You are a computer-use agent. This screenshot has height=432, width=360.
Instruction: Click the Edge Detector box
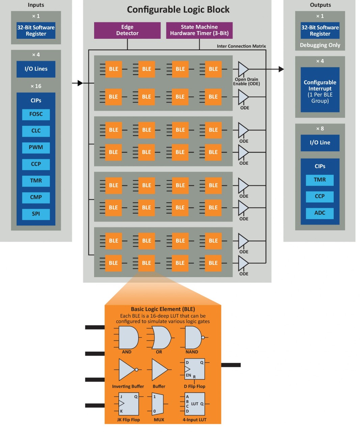click(127, 30)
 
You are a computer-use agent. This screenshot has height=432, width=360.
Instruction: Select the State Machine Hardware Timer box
click(199, 30)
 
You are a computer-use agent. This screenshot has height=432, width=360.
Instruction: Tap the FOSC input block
click(36, 114)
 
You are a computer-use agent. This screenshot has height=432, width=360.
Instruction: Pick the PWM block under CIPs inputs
click(36, 147)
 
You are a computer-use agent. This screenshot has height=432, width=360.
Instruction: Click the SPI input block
click(36, 214)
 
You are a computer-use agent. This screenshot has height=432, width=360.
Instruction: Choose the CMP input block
click(36, 197)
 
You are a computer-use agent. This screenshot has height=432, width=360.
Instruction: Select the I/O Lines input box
click(36, 69)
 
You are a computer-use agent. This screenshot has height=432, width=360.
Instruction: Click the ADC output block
click(320, 213)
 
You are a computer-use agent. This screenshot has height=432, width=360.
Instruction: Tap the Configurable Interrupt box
click(320, 90)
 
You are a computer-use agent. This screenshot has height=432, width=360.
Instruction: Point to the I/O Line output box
click(320, 142)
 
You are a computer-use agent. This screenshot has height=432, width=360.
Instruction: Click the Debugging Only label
click(320, 45)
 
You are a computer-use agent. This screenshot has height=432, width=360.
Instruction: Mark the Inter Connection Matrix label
click(241, 46)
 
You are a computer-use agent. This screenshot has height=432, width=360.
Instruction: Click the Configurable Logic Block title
click(178, 10)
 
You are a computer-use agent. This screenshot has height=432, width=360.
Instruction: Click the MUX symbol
click(158, 404)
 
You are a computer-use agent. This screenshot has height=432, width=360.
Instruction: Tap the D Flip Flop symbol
click(195, 369)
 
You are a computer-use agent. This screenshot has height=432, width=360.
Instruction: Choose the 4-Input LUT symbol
click(195, 404)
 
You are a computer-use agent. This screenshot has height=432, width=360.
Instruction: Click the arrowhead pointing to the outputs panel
click(281, 69)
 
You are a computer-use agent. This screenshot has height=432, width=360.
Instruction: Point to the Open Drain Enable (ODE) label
click(247, 82)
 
